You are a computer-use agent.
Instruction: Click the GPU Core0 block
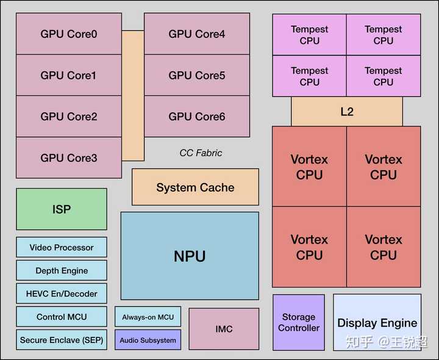[x=69, y=34]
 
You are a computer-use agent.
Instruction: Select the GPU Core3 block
[x=69, y=158]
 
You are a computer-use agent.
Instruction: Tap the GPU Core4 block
[x=197, y=34]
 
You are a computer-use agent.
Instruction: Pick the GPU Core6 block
[x=197, y=117]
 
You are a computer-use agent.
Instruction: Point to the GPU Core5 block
[x=197, y=76]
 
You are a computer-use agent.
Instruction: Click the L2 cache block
[x=346, y=112]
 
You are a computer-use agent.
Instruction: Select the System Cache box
[x=195, y=187]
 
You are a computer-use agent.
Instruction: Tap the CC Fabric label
[x=201, y=153]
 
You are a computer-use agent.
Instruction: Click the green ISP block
[x=62, y=209]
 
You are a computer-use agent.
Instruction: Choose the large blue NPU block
[x=190, y=256]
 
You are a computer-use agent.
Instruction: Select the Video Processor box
[x=62, y=247]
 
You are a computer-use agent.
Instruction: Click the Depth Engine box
[x=62, y=270]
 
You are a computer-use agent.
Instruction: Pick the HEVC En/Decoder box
[x=62, y=293]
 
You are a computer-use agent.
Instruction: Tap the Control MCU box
[x=62, y=317]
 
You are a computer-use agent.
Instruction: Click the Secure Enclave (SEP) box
[x=62, y=340]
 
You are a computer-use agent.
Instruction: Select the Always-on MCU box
[x=148, y=317]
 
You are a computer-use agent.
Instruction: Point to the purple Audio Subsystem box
[x=148, y=340]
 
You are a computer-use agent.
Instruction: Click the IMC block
[x=224, y=329]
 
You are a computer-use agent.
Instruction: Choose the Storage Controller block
[x=299, y=322]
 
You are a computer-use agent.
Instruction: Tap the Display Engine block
[x=377, y=322]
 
